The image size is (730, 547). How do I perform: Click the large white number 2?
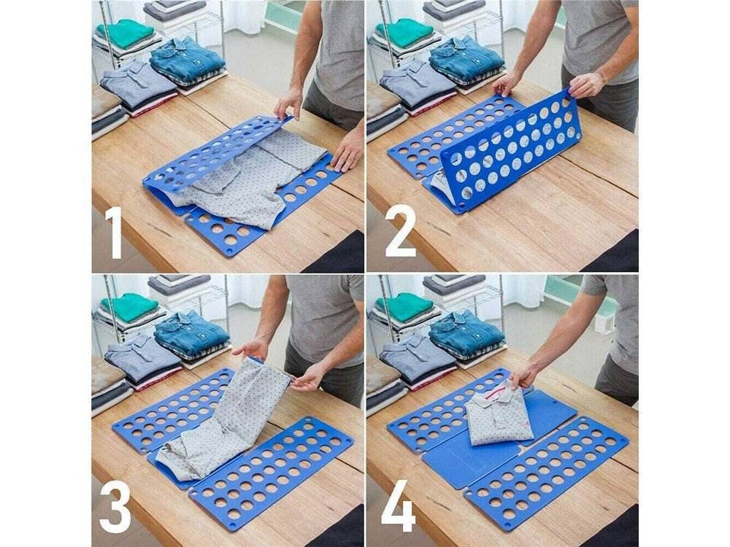(x=400, y=232)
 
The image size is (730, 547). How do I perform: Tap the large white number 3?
(x=115, y=507)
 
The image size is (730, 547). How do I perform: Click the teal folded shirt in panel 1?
(x=125, y=33)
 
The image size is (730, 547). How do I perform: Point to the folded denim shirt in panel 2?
(x=465, y=58)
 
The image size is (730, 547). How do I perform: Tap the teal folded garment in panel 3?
(x=128, y=307)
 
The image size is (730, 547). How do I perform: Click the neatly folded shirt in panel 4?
(x=499, y=416)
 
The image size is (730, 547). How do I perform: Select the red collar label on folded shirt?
(x=497, y=398)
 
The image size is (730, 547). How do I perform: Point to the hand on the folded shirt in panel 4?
(x=523, y=376)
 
